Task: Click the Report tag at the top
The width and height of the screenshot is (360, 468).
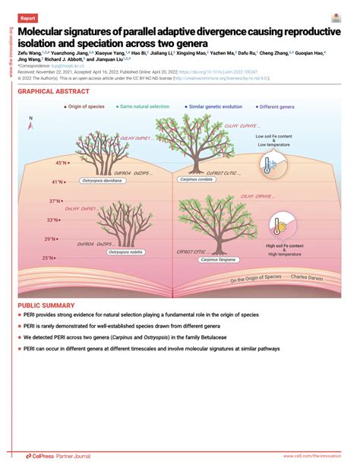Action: click(28, 17)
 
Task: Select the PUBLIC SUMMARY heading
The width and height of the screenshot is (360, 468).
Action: click(47, 304)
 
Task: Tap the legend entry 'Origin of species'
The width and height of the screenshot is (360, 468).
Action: click(89, 108)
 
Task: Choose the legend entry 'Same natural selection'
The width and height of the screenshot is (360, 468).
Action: click(144, 108)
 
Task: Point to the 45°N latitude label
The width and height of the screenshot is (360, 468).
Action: click(60, 163)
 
